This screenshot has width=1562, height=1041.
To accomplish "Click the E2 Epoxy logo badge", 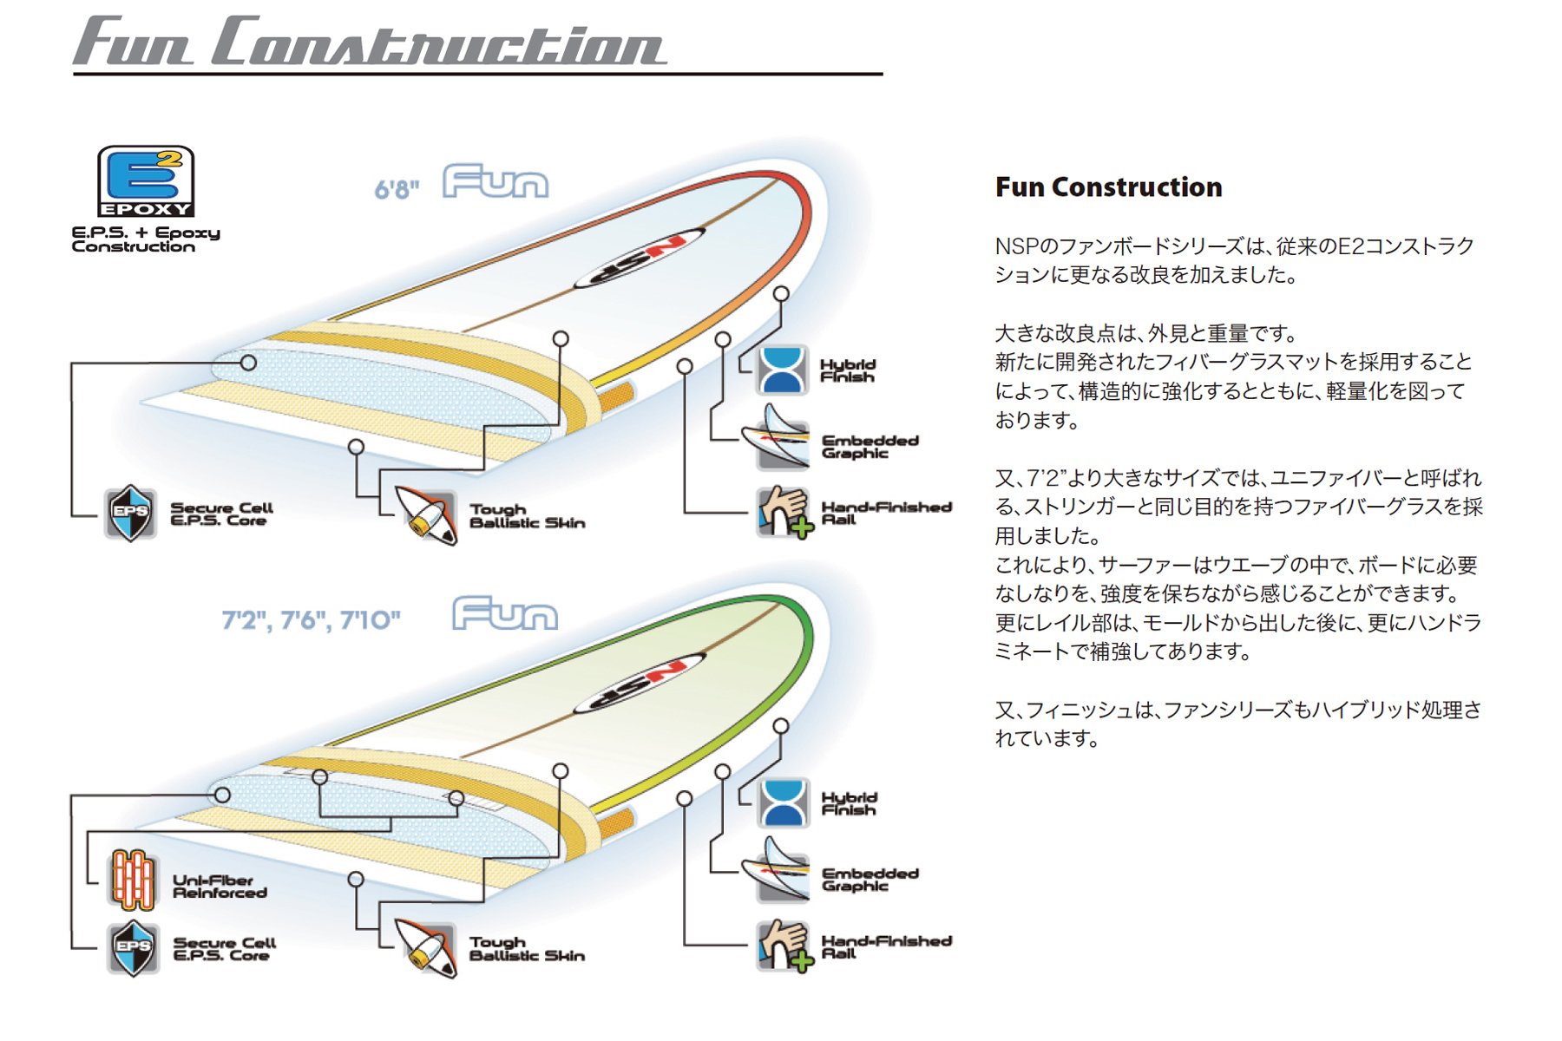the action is [146, 181].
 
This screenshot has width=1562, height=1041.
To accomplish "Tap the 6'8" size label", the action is [397, 188].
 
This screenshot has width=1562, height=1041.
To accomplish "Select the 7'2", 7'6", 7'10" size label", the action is [311, 619].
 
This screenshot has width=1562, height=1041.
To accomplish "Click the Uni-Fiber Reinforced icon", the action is [132, 880].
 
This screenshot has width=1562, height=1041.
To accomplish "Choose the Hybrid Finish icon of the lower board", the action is [783, 802].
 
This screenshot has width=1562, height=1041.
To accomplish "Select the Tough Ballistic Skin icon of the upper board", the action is [426, 514].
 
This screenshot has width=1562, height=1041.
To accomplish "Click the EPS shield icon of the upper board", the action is [130, 513].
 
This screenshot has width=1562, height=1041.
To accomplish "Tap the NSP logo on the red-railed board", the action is [640, 258].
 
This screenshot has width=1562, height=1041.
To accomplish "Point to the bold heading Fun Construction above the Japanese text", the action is [1108, 187].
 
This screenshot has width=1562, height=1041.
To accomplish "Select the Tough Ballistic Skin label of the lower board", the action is [527, 949].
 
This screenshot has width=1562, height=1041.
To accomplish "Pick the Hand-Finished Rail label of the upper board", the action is [886, 513].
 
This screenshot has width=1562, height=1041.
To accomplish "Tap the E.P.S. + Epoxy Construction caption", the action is [146, 239].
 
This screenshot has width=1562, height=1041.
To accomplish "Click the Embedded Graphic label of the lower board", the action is [870, 879].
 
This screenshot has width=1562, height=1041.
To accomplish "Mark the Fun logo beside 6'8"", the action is [496, 181].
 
